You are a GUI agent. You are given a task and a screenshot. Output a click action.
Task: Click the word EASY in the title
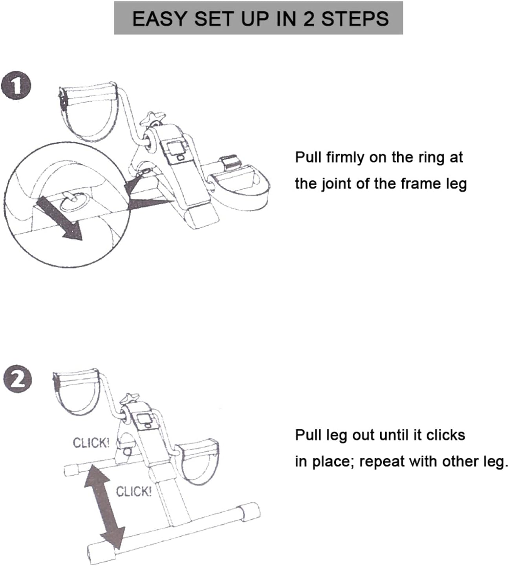(x=159, y=19)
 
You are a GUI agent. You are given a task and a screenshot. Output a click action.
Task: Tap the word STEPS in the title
(x=355, y=19)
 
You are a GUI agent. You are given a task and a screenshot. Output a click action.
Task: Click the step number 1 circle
(x=16, y=85)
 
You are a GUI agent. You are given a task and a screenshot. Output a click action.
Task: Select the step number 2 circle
(x=18, y=379)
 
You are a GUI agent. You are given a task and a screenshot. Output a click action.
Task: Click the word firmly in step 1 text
(x=345, y=158)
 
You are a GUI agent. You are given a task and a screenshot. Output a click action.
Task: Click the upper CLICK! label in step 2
(x=91, y=443)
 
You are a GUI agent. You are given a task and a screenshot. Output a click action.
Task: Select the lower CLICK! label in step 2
(x=134, y=492)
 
